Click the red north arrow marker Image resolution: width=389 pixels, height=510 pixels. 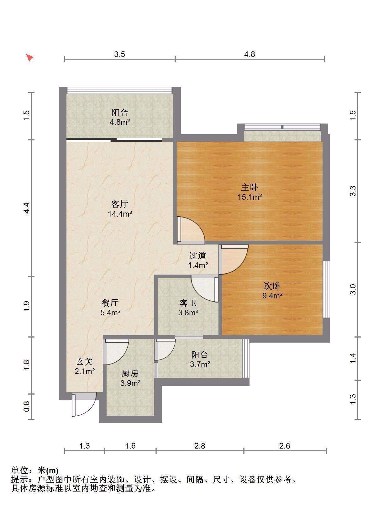[x=29, y=57]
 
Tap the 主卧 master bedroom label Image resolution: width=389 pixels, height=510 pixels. [x=250, y=187]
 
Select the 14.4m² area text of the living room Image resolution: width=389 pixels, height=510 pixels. [x=120, y=213]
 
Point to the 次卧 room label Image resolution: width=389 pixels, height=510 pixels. [x=272, y=286]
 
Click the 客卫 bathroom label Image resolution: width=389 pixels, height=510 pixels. [x=188, y=303]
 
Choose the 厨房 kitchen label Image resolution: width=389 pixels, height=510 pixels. [x=130, y=373]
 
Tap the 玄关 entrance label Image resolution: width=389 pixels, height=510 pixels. [x=85, y=361]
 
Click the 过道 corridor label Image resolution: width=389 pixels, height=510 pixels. [x=197, y=255]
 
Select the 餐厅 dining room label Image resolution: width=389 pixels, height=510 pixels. [x=110, y=303]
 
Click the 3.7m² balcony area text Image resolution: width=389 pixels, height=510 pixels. [x=200, y=364]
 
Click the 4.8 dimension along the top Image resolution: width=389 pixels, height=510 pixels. [x=250, y=54]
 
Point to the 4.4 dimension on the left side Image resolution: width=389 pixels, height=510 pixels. [x=27, y=208]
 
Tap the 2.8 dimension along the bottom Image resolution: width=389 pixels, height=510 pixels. [x=200, y=446]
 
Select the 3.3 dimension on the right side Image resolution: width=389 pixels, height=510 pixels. [x=353, y=191]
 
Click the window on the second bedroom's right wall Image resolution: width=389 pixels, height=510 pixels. [x=326, y=289]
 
